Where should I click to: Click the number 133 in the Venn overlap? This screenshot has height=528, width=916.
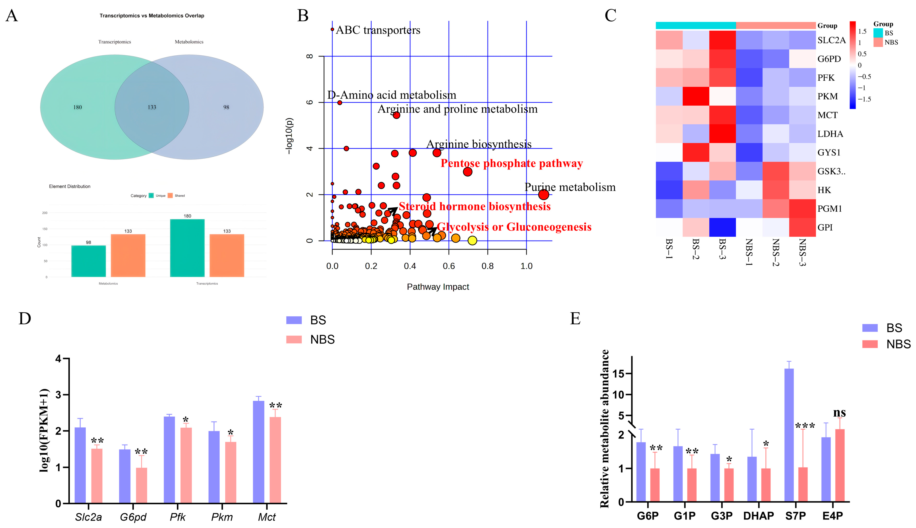coord(152,107)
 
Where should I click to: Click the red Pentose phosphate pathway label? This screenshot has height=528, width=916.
coord(511,164)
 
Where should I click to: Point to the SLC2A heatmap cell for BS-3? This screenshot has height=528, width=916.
coord(722,40)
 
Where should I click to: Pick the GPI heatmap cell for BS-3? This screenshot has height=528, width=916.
coord(722,227)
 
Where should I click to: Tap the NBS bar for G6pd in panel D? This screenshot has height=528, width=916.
coord(141,485)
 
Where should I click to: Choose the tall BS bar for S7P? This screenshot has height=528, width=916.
coord(789,435)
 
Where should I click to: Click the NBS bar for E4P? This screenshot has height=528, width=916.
coord(840,465)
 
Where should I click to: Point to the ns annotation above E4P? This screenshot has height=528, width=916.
coord(840,413)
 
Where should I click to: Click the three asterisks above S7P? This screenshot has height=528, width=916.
coord(805,426)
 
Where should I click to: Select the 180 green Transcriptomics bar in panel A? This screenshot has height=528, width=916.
coord(187,248)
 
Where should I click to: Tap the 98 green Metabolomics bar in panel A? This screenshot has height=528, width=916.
coord(88,261)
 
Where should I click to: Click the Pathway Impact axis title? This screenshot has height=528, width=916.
coord(438,287)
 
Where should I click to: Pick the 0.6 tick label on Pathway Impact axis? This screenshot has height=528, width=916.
coord(449,266)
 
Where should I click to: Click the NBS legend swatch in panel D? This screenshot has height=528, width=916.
coord(294,339)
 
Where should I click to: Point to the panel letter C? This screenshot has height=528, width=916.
coord(610,16)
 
